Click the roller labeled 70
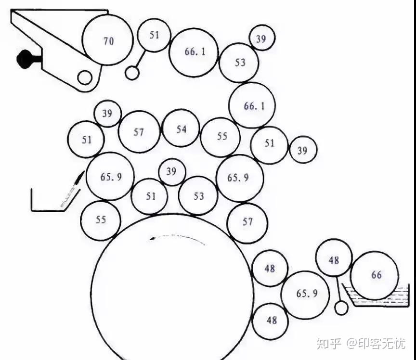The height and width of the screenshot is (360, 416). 107,40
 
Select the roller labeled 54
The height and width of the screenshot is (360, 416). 181,128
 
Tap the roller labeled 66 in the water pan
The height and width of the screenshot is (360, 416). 375,275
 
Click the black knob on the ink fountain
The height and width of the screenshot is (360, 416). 24,59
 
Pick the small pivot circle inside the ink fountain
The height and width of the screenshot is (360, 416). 85,77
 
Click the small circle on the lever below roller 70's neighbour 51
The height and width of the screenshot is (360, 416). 132,73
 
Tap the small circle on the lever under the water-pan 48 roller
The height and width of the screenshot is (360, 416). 341,308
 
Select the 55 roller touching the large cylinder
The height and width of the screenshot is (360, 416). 100,220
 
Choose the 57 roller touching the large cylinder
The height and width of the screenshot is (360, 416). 247,223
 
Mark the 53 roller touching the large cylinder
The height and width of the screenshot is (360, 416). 198,196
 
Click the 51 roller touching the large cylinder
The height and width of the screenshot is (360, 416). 150,196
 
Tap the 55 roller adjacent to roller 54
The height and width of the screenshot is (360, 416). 221,137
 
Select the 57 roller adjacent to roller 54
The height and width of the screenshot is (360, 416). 139,132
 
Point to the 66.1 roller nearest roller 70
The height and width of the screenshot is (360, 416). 194,52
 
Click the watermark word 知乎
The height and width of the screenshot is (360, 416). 328,344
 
